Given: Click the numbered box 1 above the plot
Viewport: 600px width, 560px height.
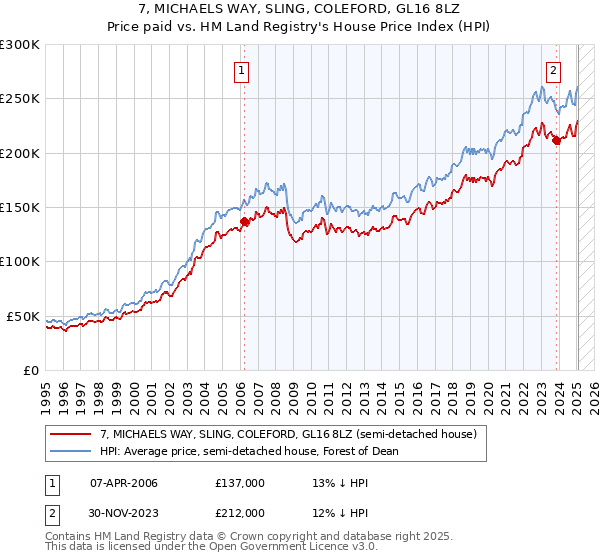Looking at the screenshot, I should click(243, 70).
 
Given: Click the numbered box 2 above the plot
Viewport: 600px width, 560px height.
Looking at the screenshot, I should click(553, 70).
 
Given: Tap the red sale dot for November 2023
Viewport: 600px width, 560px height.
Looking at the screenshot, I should click(556, 141).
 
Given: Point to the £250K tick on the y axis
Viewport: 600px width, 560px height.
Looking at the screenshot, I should click(20, 99).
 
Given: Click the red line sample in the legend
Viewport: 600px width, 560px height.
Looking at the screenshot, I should click(71, 434).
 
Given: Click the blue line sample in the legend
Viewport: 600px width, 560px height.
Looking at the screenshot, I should click(71, 451).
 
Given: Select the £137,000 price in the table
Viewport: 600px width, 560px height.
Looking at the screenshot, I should click(239, 483).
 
